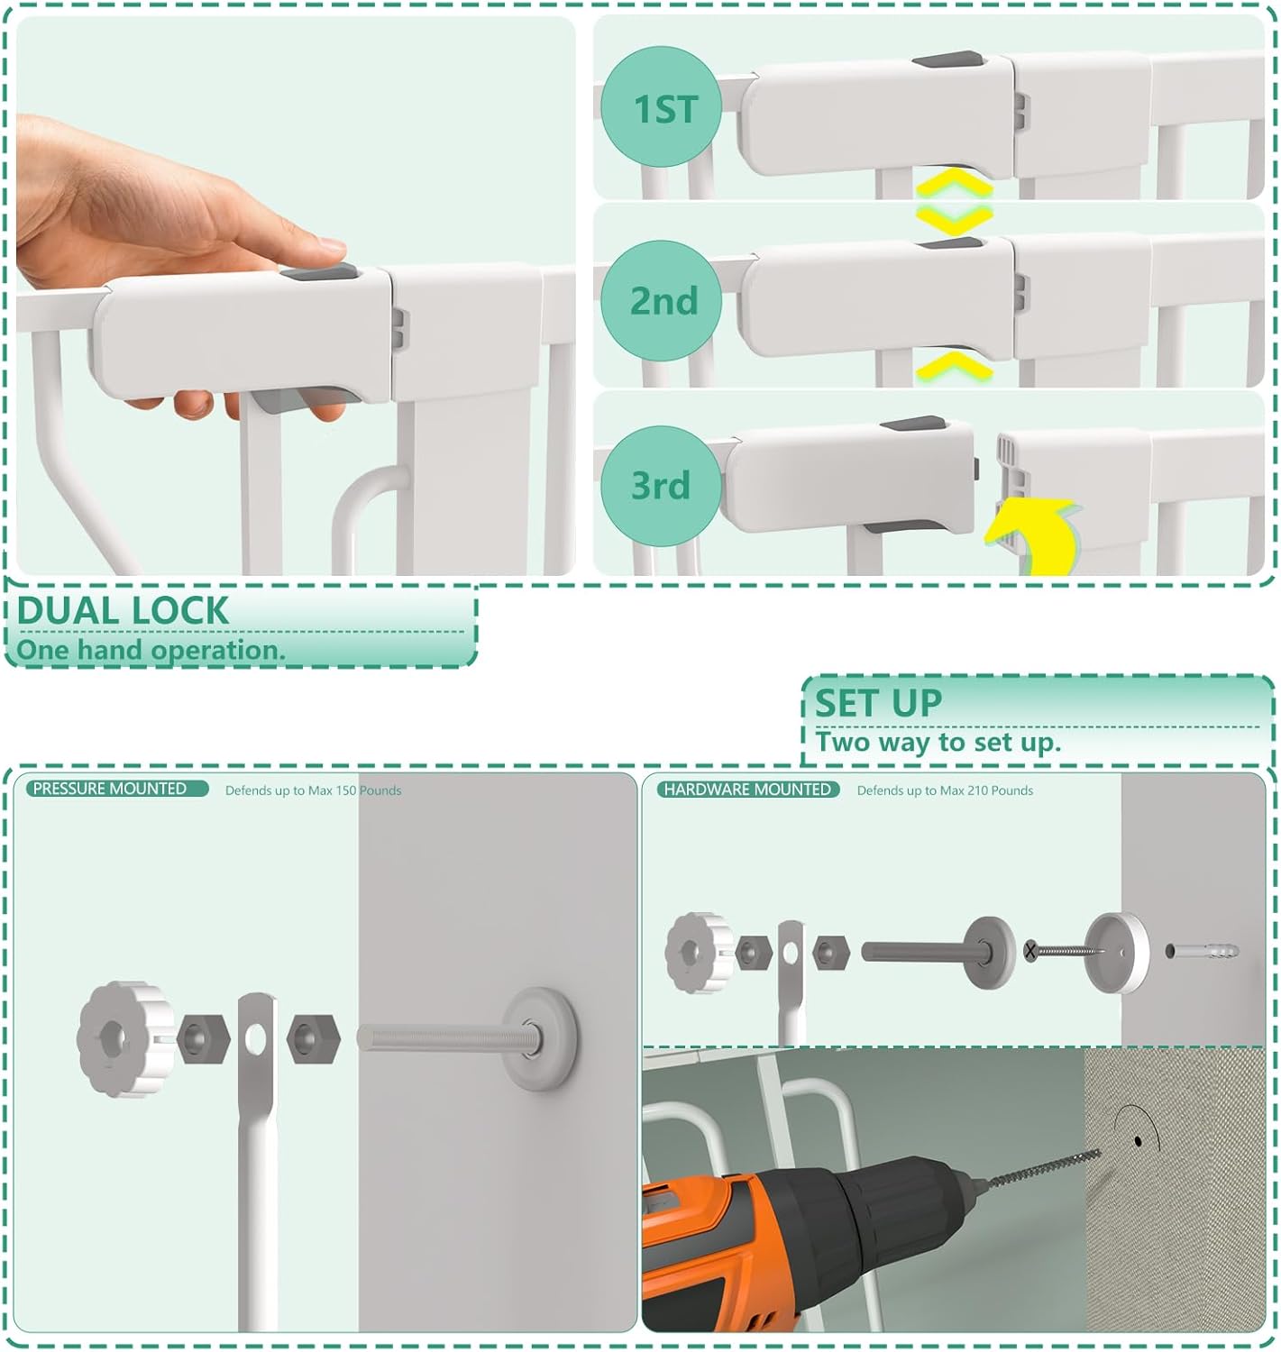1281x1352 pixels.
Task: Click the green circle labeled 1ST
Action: [x=663, y=108]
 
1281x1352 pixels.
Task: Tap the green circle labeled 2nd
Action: [x=663, y=300]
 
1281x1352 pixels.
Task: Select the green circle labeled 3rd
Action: [x=661, y=485]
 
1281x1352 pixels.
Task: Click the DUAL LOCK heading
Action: [x=123, y=611]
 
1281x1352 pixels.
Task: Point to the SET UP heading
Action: [x=878, y=703]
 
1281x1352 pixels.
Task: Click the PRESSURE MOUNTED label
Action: [x=111, y=789]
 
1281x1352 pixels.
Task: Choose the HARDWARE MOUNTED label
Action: [x=747, y=790]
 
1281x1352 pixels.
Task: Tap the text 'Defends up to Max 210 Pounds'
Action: [x=944, y=790]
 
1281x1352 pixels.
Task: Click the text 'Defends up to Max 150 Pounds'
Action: [x=313, y=790]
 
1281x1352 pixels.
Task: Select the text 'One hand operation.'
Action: [x=150, y=650]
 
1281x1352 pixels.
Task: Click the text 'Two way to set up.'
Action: [x=938, y=743]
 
